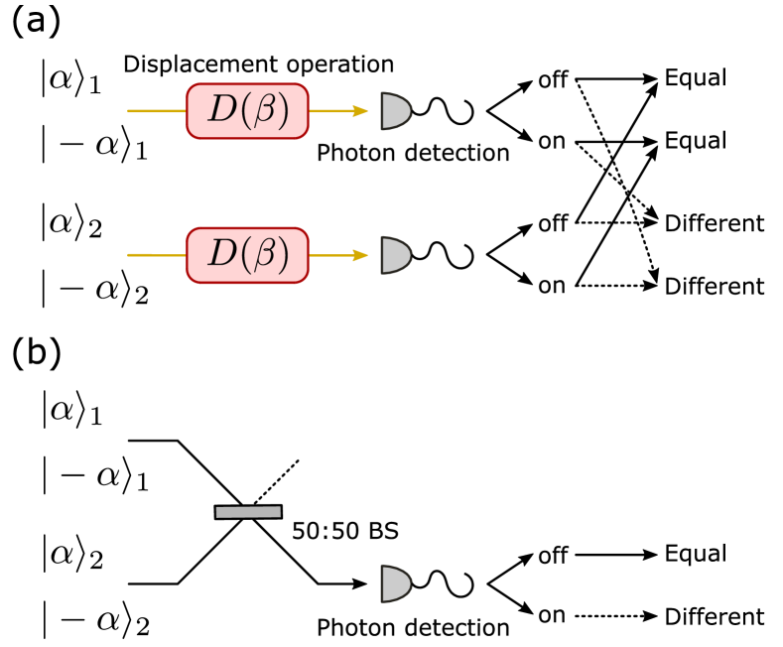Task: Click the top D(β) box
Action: (x=247, y=111)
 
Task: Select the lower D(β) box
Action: (x=247, y=255)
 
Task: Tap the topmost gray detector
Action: (x=395, y=111)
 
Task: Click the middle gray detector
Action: (x=395, y=255)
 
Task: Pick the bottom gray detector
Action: (x=395, y=583)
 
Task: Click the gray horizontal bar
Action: (x=248, y=512)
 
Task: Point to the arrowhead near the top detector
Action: (x=361, y=111)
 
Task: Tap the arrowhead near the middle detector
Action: (x=361, y=255)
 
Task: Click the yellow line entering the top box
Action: (x=157, y=111)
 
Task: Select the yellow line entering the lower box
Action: (x=157, y=255)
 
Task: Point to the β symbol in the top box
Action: (x=263, y=112)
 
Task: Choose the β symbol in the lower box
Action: (x=263, y=256)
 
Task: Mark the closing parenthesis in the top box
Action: (x=283, y=111)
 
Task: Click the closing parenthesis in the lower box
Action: (x=283, y=255)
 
